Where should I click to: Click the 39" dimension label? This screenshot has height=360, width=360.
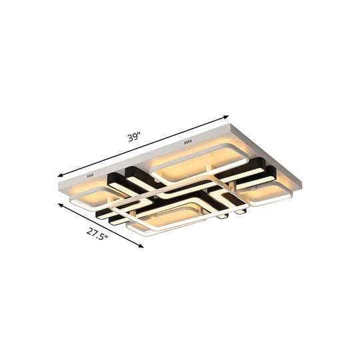click(x=135, y=137)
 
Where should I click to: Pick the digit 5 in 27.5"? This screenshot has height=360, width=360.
click(x=101, y=237)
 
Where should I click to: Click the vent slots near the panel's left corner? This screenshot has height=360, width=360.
click(x=89, y=176)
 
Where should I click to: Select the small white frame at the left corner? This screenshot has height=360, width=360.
click(x=93, y=198)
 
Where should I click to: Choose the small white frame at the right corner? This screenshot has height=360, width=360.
click(x=267, y=195)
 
